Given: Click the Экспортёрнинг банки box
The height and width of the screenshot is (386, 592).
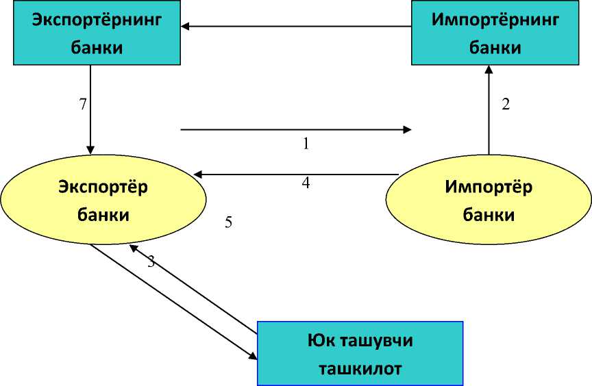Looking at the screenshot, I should tap(96, 33).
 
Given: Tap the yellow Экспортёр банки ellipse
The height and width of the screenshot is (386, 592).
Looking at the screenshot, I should tap(103, 201).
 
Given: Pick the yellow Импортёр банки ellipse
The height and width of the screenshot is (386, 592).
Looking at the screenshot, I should tap(489, 201).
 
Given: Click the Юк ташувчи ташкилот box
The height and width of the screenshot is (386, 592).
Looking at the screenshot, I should tap(359, 353).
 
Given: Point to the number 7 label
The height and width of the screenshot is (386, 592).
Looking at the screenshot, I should tap(83, 105).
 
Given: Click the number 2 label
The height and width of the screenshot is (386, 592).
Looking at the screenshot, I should tap(506, 105).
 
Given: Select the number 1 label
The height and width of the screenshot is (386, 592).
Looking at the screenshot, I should tap(306, 144).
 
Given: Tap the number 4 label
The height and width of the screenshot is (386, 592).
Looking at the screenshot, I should tap(306, 183).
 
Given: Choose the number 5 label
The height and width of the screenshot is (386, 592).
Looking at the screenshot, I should tap(229, 222).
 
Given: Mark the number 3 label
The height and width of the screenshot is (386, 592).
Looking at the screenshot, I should tap(151, 261).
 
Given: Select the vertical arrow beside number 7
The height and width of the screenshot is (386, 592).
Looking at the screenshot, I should tap(90, 110).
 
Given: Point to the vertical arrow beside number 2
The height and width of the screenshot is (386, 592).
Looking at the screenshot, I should tap(489, 110).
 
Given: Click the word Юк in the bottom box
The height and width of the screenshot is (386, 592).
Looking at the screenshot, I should tap(321, 340).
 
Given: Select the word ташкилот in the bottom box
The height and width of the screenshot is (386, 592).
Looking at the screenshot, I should tap(359, 368).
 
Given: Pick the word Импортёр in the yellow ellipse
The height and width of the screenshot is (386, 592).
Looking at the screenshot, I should tap(489, 187).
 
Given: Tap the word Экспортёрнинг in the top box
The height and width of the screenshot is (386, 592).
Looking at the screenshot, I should tap(96, 19).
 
